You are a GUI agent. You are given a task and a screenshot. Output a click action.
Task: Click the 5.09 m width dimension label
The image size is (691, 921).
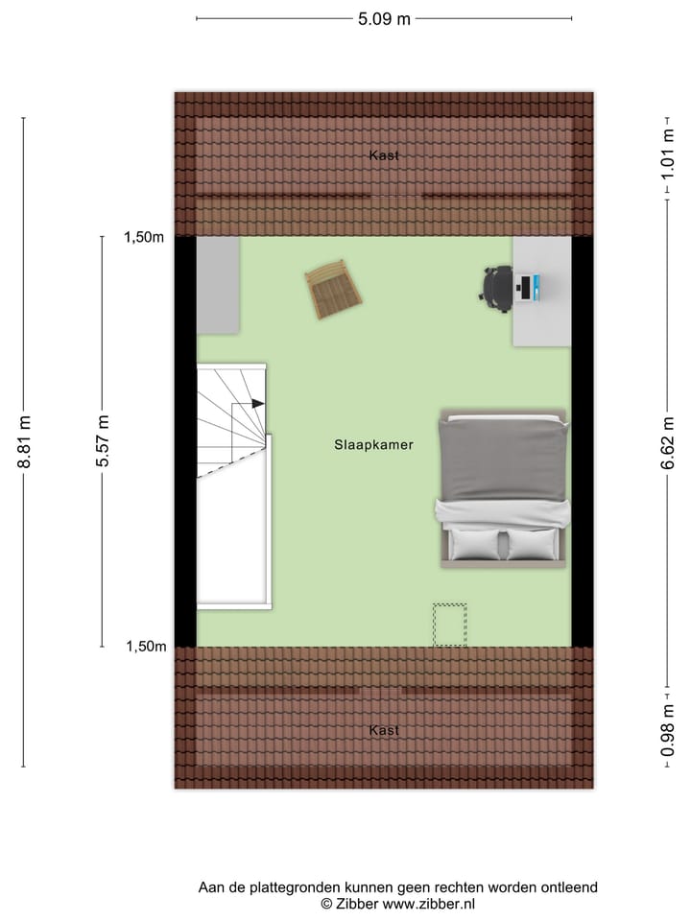point(383,18)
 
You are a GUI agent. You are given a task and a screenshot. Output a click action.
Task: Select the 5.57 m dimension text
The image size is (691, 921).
point(104,441)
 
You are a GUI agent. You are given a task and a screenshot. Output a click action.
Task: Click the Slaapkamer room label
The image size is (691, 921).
point(374,445)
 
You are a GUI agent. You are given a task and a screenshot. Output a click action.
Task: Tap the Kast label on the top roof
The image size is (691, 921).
point(384,155)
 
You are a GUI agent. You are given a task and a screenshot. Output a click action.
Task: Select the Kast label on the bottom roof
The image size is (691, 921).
point(384,731)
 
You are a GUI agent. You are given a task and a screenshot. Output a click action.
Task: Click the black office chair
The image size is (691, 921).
point(498,288)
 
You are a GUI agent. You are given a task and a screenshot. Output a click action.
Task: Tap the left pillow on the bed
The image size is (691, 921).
point(475,544)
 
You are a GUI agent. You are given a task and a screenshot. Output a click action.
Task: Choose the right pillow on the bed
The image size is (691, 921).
point(532,544)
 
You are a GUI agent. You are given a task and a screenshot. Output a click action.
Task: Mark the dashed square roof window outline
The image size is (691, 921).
point(449,625)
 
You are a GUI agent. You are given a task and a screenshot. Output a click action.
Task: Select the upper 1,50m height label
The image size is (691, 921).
point(144,239)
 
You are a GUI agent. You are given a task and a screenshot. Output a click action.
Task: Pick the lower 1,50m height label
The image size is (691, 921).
point(146,647)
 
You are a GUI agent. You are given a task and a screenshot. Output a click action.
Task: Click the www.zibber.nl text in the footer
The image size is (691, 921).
point(428,904)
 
